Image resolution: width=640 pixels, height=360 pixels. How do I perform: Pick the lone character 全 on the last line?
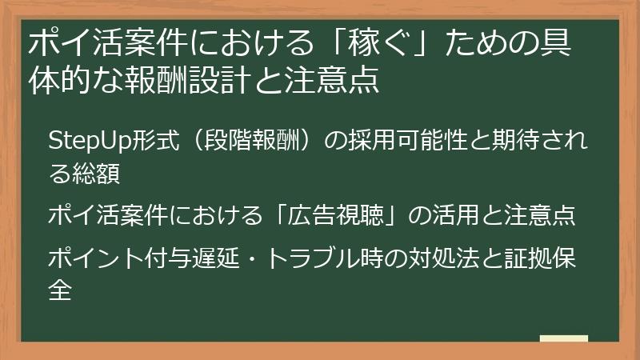[x=61, y=288]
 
